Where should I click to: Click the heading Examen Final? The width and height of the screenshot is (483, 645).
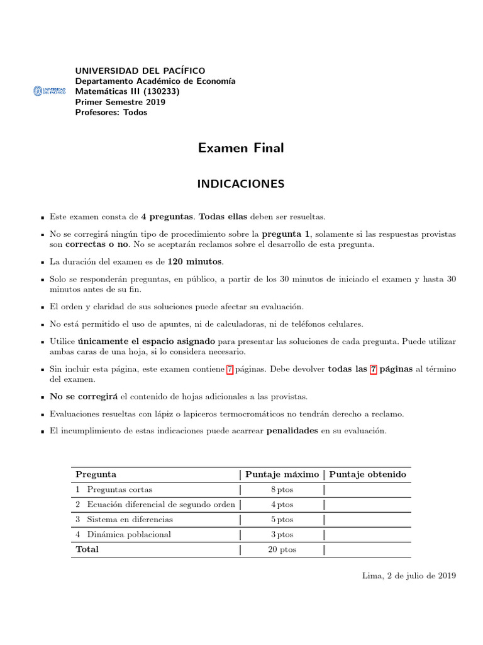coord(241,148)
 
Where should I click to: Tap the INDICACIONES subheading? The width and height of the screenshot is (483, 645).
coord(241,184)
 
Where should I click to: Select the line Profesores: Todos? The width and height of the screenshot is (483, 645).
coord(111,113)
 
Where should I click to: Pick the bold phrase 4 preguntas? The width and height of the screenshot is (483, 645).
coord(167,217)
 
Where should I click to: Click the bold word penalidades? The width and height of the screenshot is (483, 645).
coord(292,431)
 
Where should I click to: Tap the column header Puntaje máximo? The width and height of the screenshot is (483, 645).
coord(282,474)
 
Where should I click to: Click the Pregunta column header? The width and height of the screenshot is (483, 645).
coord(96,474)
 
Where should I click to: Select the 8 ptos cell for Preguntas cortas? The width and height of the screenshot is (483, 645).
coord(282,489)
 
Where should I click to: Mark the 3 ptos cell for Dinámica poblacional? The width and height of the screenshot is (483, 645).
coord(282,535)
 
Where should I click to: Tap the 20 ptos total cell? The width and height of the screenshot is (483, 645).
coord(282,549)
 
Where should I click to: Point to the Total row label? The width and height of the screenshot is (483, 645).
coord(87,549)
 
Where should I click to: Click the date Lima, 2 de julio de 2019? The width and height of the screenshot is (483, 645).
coord(409,575)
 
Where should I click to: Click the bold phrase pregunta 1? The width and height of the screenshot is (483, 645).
coord(286,234)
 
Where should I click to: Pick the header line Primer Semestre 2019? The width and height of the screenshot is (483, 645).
coord(119,102)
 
